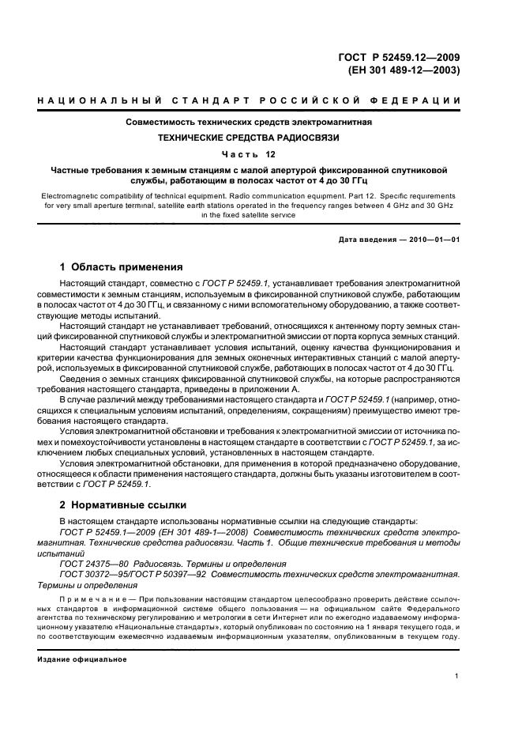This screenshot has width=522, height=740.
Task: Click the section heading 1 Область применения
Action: [x=122, y=266]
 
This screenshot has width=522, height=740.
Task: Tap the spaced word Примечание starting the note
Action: [x=94, y=600]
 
